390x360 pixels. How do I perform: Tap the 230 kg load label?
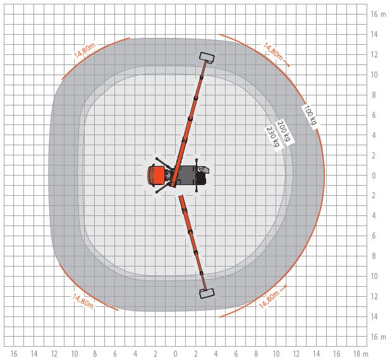[273, 137]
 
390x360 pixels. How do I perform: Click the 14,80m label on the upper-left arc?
[85, 51]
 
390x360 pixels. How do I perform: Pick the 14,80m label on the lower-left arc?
[83, 301]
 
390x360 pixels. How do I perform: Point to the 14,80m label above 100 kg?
[273, 52]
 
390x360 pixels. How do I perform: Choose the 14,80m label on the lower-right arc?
[269, 299]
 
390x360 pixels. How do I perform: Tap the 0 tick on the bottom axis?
[176, 354]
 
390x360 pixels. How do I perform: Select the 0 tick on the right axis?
[374, 176]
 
